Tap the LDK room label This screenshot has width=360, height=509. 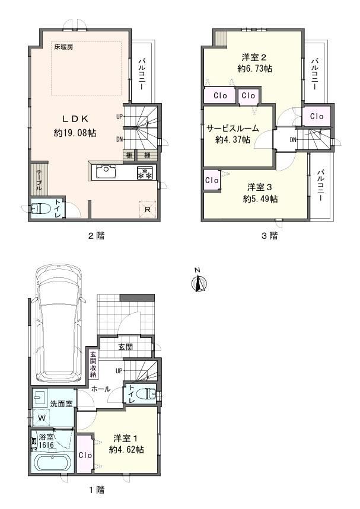pyautogui.click(x=75, y=119)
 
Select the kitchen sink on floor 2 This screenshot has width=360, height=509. pyautogui.click(x=104, y=172)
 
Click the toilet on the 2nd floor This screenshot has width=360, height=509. pyautogui.click(x=40, y=209)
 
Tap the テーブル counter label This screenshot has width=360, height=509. pyautogui.click(x=39, y=180)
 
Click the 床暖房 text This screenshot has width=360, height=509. pyautogui.click(x=63, y=47)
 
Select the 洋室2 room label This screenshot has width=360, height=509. pyautogui.click(x=254, y=57)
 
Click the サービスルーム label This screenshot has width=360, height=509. pyautogui.click(x=232, y=129)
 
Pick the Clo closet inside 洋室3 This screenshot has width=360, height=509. pyautogui.click(x=212, y=180)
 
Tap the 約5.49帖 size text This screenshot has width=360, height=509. pyautogui.click(x=260, y=199)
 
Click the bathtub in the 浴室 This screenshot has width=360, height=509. pyautogui.click(x=52, y=463)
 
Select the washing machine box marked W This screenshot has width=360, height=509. pyautogui.click(x=42, y=418)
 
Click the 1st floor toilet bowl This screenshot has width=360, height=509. pyautogui.click(x=145, y=394)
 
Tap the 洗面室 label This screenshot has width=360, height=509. pyautogui.click(x=62, y=404)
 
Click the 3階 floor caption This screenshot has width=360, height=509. pyautogui.click(x=270, y=236)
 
